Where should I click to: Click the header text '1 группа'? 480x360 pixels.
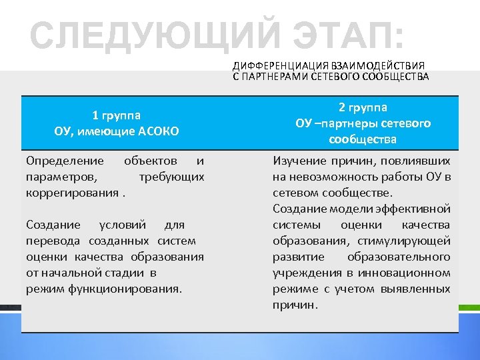tap(117, 114)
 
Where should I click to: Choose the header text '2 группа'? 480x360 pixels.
tap(363, 107)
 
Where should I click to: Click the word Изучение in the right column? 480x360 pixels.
tap(299, 161)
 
